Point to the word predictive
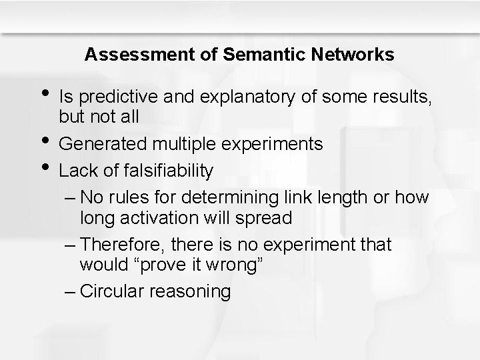115,98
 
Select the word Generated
105,144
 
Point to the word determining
234,198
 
